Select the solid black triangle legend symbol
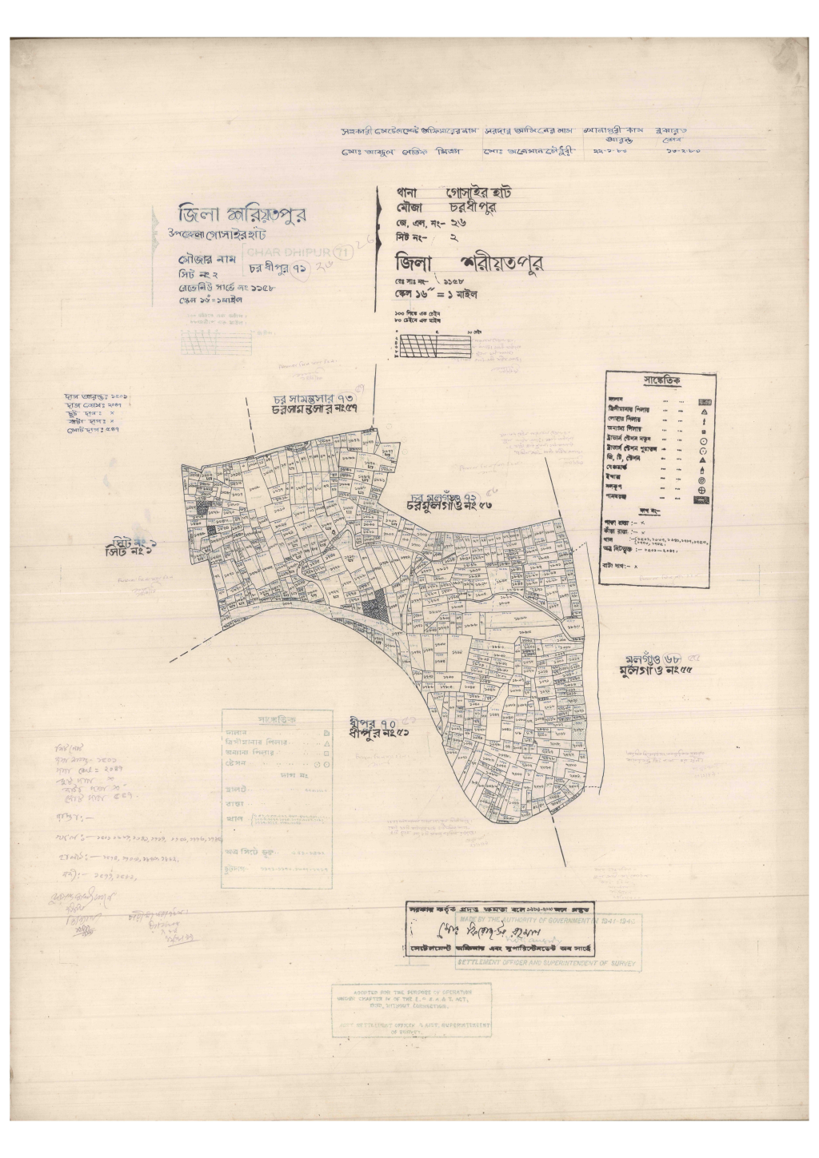click(x=702, y=461)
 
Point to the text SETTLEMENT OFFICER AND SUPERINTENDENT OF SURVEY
click(x=546, y=965)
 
